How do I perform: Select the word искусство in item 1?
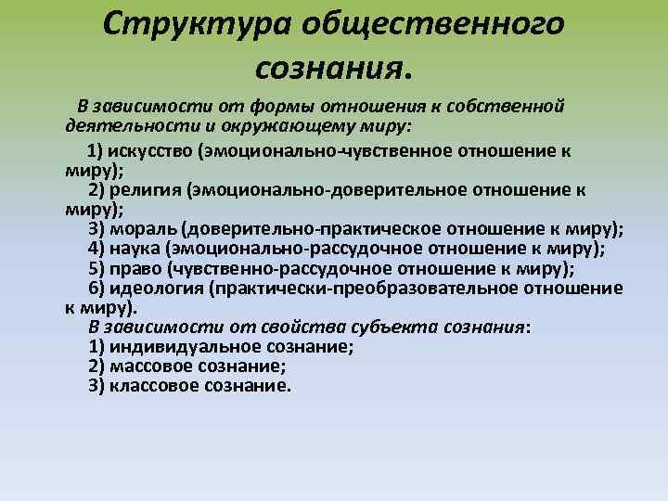149,152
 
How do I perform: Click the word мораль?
147,229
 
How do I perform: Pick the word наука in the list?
135,249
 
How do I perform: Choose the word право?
136,269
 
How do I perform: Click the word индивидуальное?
175,347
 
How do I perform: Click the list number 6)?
98,289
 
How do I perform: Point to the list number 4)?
97,249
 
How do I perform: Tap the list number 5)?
97,269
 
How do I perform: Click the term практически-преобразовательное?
361,289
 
